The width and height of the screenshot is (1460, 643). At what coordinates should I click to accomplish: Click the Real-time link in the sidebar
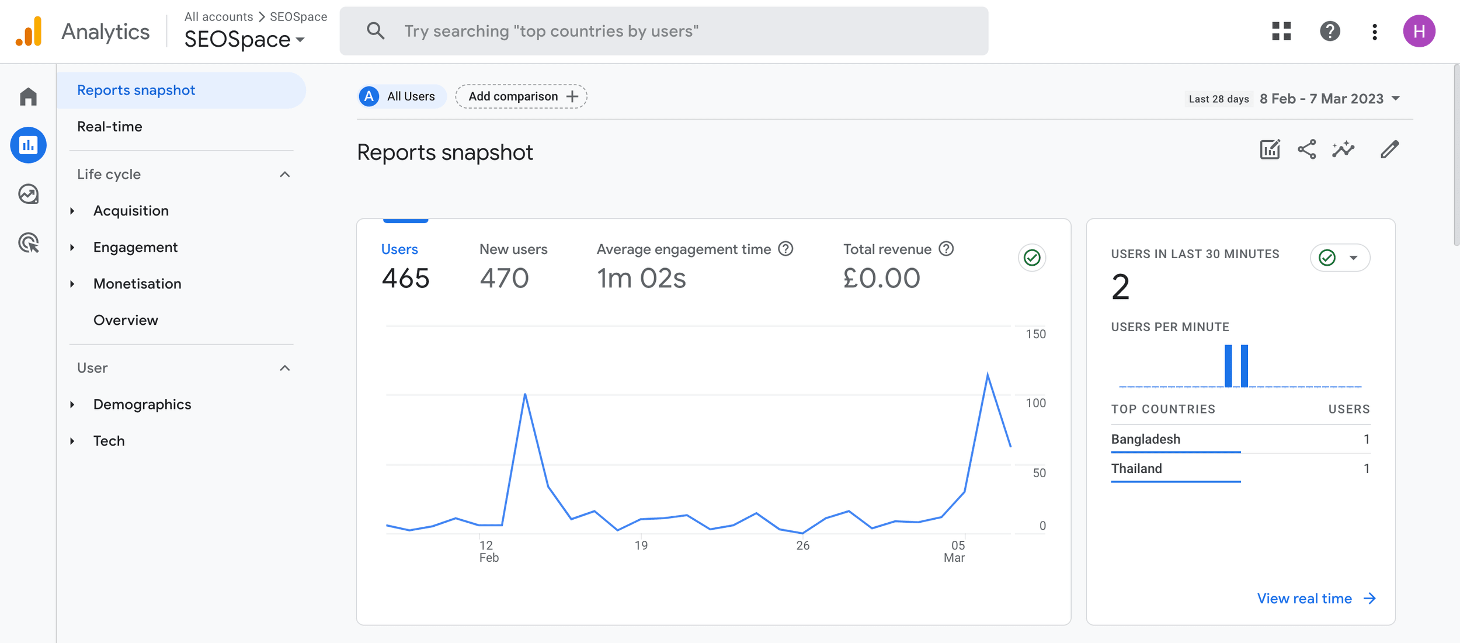pos(110,127)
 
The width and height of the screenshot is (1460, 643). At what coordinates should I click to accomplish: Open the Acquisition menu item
pos(131,211)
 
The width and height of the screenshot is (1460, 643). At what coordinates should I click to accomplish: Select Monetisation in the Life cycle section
pos(137,284)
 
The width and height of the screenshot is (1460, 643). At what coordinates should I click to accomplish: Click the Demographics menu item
pos(142,405)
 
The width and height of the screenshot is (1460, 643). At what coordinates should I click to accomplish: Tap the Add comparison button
pos(522,96)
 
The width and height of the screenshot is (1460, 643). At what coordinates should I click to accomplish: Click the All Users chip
pos(402,96)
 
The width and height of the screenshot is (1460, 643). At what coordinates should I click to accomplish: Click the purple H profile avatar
pos(1419,31)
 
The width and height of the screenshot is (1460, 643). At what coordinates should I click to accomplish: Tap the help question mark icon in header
pos(1330,31)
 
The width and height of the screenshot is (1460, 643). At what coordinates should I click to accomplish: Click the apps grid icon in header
pos(1281,31)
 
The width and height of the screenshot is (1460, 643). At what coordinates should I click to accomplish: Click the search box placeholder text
pos(551,31)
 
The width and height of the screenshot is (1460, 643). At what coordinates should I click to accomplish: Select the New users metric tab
pos(513,249)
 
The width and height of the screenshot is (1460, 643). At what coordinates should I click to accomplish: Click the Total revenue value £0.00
pos(881,278)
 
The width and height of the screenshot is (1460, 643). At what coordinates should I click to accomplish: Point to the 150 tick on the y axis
pos(1035,334)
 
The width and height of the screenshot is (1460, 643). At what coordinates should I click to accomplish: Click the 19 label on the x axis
pos(641,545)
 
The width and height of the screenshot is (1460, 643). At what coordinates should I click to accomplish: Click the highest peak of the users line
pos(988,374)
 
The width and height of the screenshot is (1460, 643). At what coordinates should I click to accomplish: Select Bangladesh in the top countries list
pos(1145,439)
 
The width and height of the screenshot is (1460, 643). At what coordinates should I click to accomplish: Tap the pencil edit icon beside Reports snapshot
pos(1389,150)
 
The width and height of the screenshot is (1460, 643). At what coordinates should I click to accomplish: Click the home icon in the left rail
pos(28,96)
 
